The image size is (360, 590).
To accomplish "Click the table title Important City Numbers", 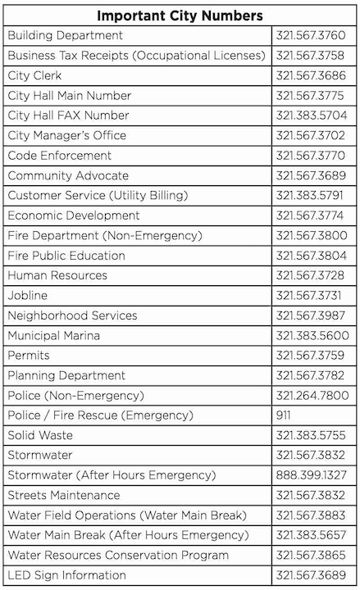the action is [x=180, y=16].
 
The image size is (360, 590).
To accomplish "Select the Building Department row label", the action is [x=66, y=36].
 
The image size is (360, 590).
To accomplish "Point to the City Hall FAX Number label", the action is [x=69, y=116].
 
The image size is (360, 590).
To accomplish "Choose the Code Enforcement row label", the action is [x=60, y=156].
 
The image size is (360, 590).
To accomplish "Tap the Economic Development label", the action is [x=74, y=216].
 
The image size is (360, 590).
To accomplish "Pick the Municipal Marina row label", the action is [x=54, y=336].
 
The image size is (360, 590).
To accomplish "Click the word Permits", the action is [x=29, y=356].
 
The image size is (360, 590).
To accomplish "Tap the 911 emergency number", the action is [x=284, y=415].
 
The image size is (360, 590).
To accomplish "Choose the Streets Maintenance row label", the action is [x=64, y=496].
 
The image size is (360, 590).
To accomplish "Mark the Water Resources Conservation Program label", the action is [x=118, y=556].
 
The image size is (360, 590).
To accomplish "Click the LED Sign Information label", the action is [x=67, y=575].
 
